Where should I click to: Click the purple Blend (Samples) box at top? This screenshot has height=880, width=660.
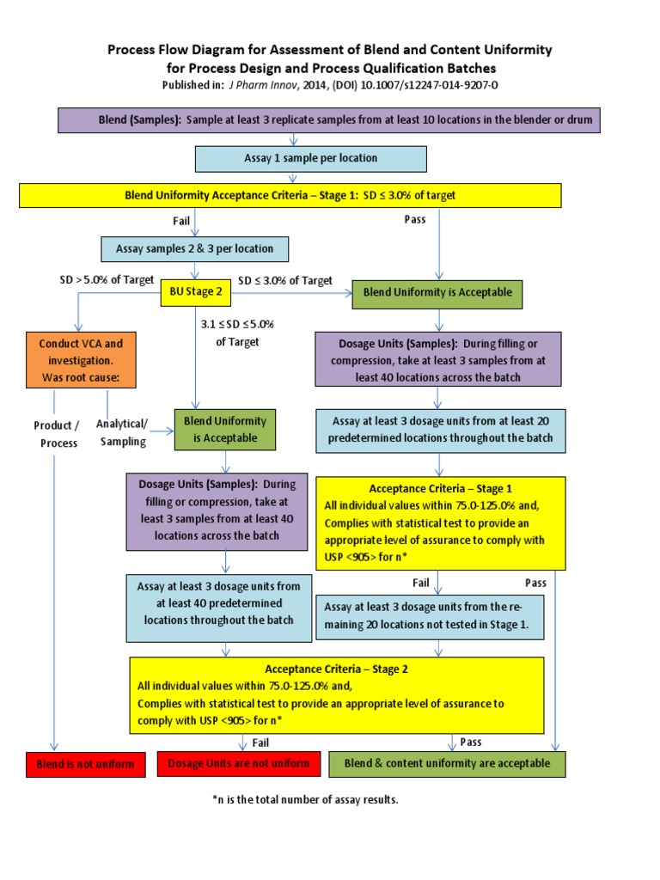point(328,120)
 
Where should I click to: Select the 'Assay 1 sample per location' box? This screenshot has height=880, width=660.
point(311,159)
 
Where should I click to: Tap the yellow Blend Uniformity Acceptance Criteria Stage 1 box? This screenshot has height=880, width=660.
point(290,195)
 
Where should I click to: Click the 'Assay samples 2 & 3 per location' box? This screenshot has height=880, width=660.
point(194,249)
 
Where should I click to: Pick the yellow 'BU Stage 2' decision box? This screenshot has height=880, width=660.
point(196,292)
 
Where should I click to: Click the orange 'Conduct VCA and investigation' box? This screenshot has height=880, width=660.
point(81,361)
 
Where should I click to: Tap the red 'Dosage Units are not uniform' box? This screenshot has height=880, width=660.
point(239,763)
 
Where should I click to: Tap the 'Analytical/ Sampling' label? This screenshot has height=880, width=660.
point(121,432)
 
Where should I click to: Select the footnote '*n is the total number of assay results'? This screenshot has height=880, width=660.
point(305,799)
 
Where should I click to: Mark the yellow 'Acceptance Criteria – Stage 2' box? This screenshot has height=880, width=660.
point(337,694)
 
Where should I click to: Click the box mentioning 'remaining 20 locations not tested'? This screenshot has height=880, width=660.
point(430,617)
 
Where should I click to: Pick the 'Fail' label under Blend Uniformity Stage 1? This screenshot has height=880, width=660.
point(181,221)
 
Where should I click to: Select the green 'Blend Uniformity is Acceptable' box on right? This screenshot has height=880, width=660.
point(437,292)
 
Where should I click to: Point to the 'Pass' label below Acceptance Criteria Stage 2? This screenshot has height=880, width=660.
point(471,742)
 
